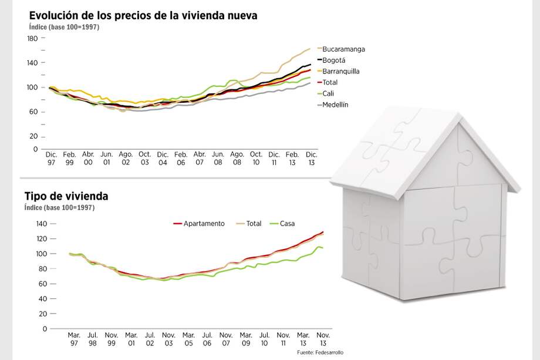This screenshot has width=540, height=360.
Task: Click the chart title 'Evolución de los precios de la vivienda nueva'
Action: point(143,16)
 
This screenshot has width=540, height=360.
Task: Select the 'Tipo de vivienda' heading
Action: point(66,196)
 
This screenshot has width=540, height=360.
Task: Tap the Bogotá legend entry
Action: point(334,60)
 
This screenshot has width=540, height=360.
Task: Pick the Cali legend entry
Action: point(328,93)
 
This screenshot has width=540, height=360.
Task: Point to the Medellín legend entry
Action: point(335,105)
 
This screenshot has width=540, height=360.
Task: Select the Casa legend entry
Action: point(287,224)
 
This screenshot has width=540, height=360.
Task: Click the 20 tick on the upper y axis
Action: point(33,136)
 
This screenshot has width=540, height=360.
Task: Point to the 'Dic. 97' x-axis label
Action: point(51,158)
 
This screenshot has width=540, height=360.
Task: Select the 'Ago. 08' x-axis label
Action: point(237,158)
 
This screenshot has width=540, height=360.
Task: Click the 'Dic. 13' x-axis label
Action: point(310,158)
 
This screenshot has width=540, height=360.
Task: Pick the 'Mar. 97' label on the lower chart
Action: point(74,339)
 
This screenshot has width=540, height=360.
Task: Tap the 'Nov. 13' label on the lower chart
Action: point(323,339)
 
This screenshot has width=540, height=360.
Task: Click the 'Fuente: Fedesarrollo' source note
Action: point(320,352)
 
